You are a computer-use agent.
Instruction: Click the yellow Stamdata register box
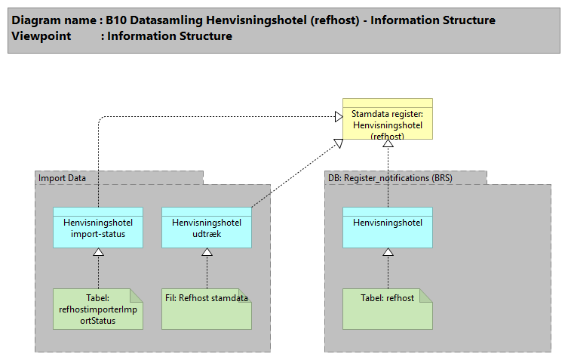click(x=387, y=118)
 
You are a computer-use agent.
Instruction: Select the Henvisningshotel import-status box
click(x=98, y=227)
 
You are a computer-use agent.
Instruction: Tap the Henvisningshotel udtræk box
click(x=207, y=227)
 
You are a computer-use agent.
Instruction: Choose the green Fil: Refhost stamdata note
click(x=206, y=309)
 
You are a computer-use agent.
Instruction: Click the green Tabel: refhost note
click(x=388, y=309)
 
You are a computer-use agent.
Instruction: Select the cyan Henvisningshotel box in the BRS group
click(x=388, y=227)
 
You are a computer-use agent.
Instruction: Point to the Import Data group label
click(x=63, y=178)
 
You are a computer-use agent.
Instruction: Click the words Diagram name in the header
click(x=52, y=20)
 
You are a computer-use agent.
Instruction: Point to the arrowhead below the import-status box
click(x=98, y=252)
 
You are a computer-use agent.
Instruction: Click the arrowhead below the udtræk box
click(x=207, y=252)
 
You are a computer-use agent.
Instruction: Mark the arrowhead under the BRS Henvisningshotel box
click(x=388, y=252)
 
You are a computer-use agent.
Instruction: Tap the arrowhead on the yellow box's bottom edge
click(x=388, y=144)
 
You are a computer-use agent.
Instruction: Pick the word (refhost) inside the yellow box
click(x=388, y=137)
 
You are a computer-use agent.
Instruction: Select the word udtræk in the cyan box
click(x=207, y=233)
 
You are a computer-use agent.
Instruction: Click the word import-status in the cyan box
click(x=98, y=233)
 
